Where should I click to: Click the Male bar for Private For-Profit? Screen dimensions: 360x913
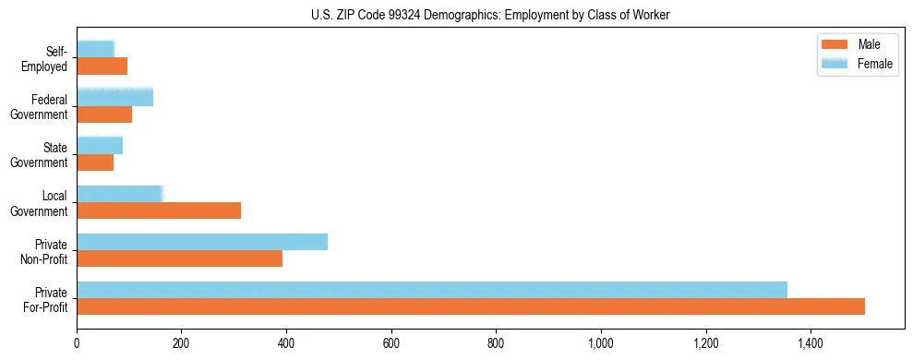coord(471,306)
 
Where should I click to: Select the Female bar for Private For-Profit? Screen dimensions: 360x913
coord(432,290)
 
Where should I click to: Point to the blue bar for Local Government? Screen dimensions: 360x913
coord(120,194)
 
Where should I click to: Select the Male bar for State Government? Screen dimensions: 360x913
coord(95,162)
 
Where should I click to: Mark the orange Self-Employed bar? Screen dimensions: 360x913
coord(102,66)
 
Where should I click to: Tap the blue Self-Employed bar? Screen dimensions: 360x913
coord(95,49)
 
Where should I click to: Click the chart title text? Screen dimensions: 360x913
coord(490,15)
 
